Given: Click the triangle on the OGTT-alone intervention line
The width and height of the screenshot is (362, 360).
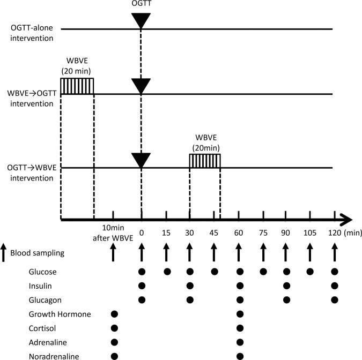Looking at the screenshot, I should (x=141, y=20).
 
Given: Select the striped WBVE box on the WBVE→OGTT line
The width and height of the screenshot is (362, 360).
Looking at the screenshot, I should (x=77, y=86).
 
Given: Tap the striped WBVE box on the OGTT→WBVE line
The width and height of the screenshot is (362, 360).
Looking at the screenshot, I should (x=204, y=161).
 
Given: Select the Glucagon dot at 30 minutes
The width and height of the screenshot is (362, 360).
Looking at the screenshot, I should (x=189, y=298).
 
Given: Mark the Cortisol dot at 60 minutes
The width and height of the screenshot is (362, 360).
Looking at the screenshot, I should (x=240, y=326).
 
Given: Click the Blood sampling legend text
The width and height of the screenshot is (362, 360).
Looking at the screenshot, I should (x=43, y=252).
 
